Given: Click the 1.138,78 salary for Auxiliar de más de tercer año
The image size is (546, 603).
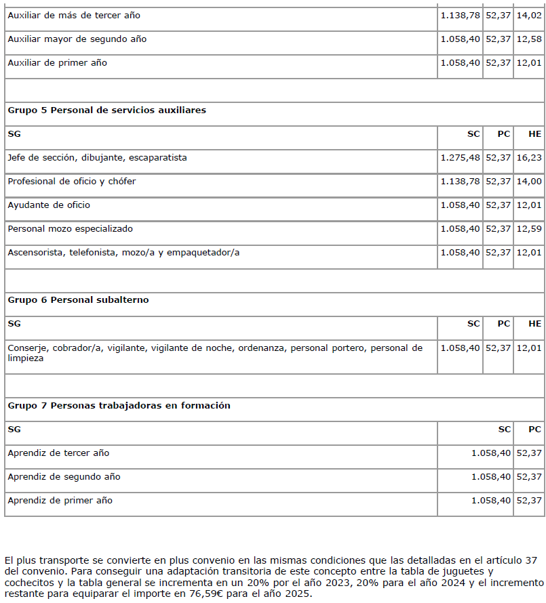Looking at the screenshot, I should coord(460,15).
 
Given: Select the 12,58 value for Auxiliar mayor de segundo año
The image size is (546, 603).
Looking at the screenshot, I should coord(529,39).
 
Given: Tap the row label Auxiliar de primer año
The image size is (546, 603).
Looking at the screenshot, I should coord(57,63).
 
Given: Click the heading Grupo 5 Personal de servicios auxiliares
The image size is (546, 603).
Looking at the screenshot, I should coord(106,110).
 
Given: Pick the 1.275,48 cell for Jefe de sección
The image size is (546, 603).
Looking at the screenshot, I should coord(460,158).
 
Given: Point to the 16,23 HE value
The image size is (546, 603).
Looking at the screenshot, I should coord(529,158).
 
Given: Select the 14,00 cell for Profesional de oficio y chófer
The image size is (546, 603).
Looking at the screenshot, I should coord(529,182).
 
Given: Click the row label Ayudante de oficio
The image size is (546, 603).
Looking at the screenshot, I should coord(49,205).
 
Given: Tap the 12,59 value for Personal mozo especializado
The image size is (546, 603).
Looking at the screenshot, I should coord(529,229).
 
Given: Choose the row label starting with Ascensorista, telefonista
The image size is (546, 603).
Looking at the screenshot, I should coord(123,253).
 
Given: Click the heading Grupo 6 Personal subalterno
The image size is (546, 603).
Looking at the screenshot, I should coord(78,299).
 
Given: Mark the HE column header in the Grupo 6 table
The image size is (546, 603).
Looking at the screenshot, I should coord(535,324).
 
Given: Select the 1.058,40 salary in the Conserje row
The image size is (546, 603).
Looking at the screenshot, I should coord(460,348).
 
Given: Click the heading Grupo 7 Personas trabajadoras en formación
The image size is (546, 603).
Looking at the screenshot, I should coord(119,405).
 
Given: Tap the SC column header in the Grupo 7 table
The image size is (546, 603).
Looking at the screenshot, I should coord(505,429).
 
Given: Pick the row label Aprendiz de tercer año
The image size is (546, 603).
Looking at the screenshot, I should coord(58,453).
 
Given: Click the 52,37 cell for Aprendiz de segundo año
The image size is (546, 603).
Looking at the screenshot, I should coord(529,476).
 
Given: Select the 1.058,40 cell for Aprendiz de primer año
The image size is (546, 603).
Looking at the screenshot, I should coord(491,501).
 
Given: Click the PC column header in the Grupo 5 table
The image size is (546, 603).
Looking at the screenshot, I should coord(503,134).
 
